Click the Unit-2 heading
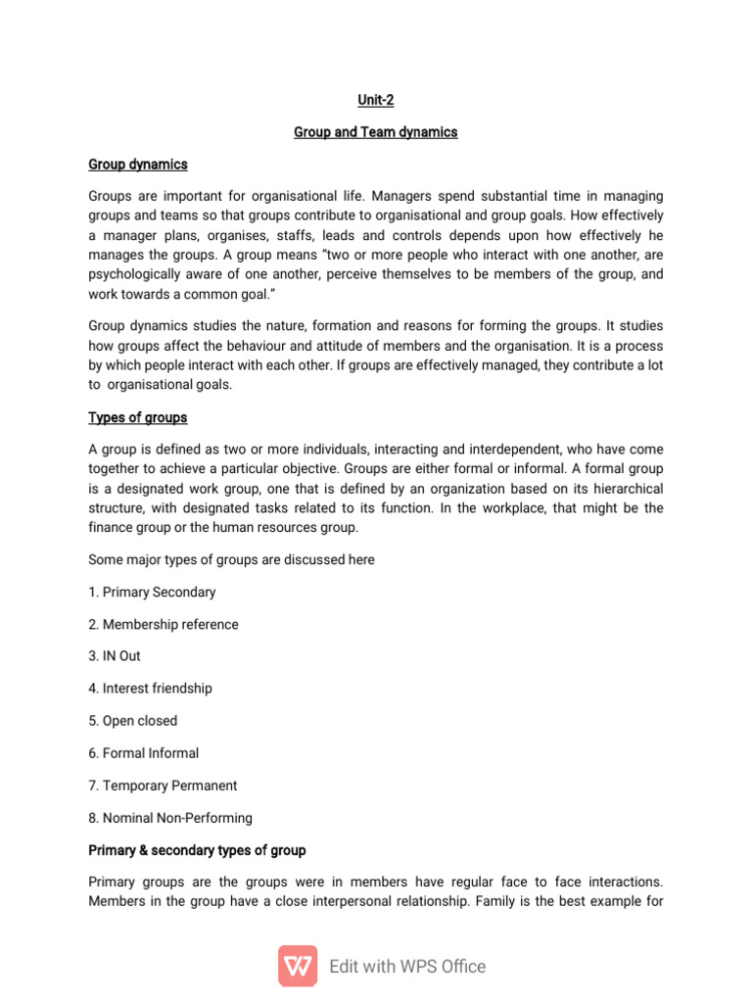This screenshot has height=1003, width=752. [x=375, y=100]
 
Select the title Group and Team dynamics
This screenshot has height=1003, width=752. [x=375, y=132]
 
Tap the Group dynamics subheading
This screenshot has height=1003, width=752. [x=138, y=165]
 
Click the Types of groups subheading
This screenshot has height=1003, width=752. [x=138, y=417]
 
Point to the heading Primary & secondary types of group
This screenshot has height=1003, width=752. [x=197, y=849]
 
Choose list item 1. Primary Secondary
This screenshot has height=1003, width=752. [x=152, y=592]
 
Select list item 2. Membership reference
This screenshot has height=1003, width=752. [x=163, y=624]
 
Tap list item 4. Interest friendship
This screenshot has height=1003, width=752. [x=150, y=689]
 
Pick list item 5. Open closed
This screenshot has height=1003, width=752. [x=133, y=721]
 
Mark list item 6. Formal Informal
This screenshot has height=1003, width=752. [x=143, y=753]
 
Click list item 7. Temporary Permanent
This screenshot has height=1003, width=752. [x=163, y=786]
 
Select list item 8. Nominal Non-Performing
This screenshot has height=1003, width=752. [x=170, y=818]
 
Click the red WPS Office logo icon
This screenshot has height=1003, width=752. [x=298, y=966]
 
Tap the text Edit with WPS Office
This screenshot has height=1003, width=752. [x=407, y=967]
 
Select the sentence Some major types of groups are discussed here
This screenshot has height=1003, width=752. [x=232, y=560]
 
